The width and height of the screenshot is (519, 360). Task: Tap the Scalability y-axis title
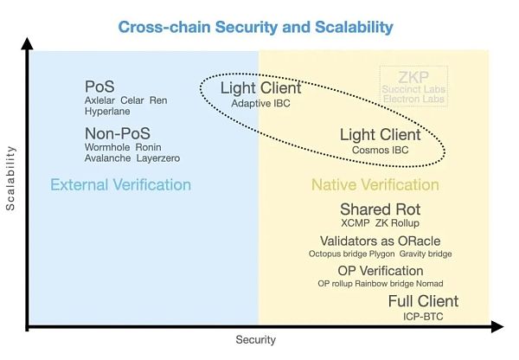[11, 178]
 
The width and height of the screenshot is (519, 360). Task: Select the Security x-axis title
[256, 340]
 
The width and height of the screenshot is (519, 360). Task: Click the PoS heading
[99, 87]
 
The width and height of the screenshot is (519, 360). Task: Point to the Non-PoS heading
[117, 133]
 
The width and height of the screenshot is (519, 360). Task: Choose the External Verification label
[120, 184]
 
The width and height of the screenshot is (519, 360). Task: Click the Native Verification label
[375, 184]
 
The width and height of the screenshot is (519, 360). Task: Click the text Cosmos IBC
[380, 150]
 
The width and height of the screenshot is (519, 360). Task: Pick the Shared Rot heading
[380, 209]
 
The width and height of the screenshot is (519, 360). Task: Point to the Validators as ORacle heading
[381, 241]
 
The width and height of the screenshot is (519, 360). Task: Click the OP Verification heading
[381, 271]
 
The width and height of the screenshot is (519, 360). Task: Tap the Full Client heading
[423, 301]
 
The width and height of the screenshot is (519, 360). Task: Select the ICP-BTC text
[425, 316]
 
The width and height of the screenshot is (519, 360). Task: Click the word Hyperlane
[107, 112]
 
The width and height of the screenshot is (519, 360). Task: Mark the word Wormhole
[107, 147]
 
